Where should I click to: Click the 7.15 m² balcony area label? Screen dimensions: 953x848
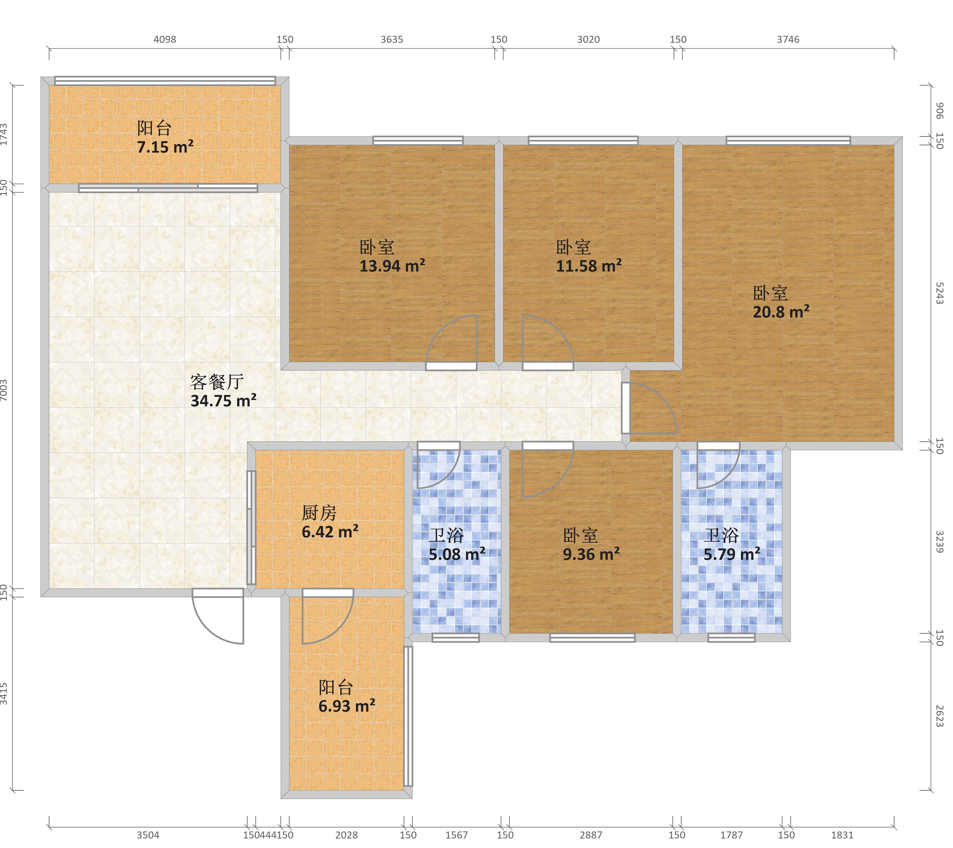pos(165,147)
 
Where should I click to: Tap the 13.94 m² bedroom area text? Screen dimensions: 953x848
pos(392,266)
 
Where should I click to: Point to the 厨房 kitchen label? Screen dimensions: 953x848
pos(319,513)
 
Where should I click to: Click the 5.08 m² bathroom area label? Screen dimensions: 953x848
pos(457,554)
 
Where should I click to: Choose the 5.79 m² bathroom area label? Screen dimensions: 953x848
pos(732,554)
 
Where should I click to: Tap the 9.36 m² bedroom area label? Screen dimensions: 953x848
pos(591,554)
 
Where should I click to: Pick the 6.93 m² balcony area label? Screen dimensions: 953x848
pos(347,706)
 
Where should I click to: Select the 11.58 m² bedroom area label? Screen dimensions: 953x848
pos(589,266)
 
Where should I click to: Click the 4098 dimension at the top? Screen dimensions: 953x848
pos(165,40)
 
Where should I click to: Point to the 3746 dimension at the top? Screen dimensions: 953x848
pos(788,40)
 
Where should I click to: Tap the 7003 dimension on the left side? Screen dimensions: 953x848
pos(4,390)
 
